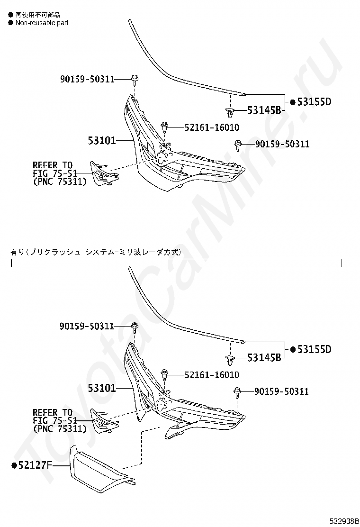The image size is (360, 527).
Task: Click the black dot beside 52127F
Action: click(x=15, y=466)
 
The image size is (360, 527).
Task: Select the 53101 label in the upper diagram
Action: click(x=101, y=140)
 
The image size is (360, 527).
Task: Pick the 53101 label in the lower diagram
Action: click(x=101, y=388)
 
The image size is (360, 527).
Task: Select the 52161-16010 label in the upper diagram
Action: click(x=205, y=127)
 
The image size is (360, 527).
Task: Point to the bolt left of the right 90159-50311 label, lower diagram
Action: click(x=237, y=391)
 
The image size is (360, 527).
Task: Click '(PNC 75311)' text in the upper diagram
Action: click(x=60, y=181)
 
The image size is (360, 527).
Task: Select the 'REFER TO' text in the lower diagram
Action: click(x=53, y=412)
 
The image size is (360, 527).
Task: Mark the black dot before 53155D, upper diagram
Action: click(x=292, y=102)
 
